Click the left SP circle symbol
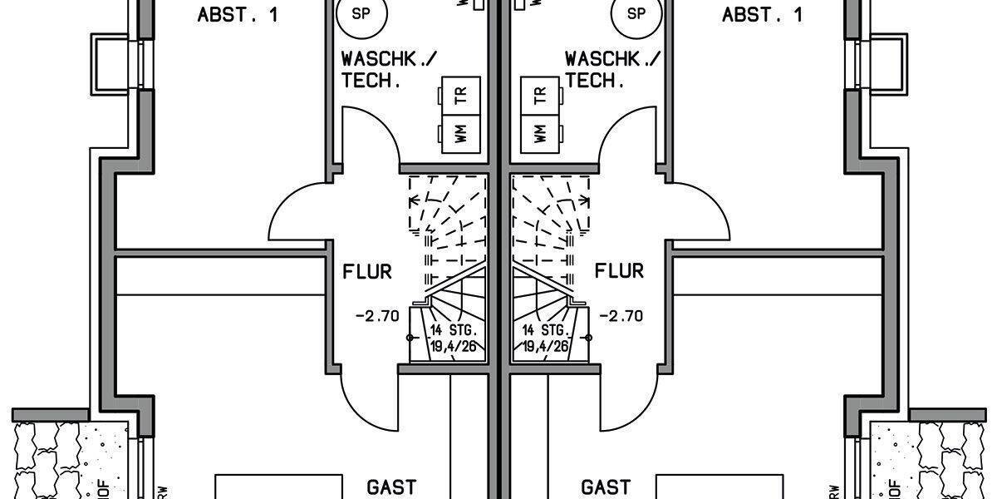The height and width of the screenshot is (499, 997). (x=360, y=14)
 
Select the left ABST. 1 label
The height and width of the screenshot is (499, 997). (x=238, y=15)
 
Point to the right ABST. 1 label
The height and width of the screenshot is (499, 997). (x=762, y=15)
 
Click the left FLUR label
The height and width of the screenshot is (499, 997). (x=367, y=272)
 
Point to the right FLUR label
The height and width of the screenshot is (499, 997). (x=619, y=271)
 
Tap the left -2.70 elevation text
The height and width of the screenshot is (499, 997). (x=377, y=316)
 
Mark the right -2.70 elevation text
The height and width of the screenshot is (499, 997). (x=621, y=316)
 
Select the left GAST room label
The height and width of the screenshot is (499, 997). (x=392, y=487)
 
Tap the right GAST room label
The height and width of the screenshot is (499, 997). (x=605, y=487)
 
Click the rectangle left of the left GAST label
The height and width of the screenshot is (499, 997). (x=279, y=487)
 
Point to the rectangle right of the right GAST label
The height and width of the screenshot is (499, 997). (x=720, y=487)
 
